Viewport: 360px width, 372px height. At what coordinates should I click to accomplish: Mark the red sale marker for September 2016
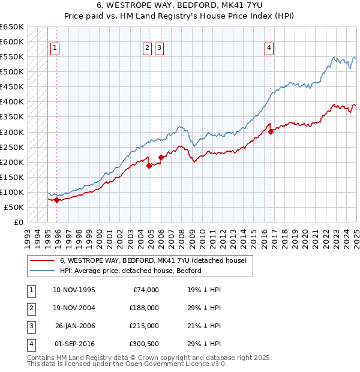point(271,131)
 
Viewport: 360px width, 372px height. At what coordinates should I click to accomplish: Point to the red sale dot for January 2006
point(161,157)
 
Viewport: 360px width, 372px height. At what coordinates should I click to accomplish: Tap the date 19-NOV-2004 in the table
point(74,308)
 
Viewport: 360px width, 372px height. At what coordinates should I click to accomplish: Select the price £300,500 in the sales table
point(143,344)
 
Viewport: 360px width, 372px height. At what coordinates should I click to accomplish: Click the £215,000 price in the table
point(143,326)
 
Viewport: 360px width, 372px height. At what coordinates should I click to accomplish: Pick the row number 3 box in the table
point(31,326)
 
